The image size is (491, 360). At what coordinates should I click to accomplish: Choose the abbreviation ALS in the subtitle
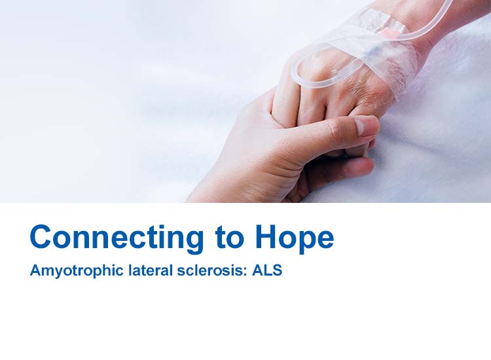pos(268,270)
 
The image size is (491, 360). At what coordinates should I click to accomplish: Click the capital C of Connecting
pos(40,237)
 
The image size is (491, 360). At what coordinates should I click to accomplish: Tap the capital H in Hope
pos(266,237)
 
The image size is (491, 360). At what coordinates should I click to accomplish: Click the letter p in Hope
pos(306,240)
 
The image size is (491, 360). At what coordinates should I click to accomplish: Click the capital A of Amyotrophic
pos(35,270)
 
